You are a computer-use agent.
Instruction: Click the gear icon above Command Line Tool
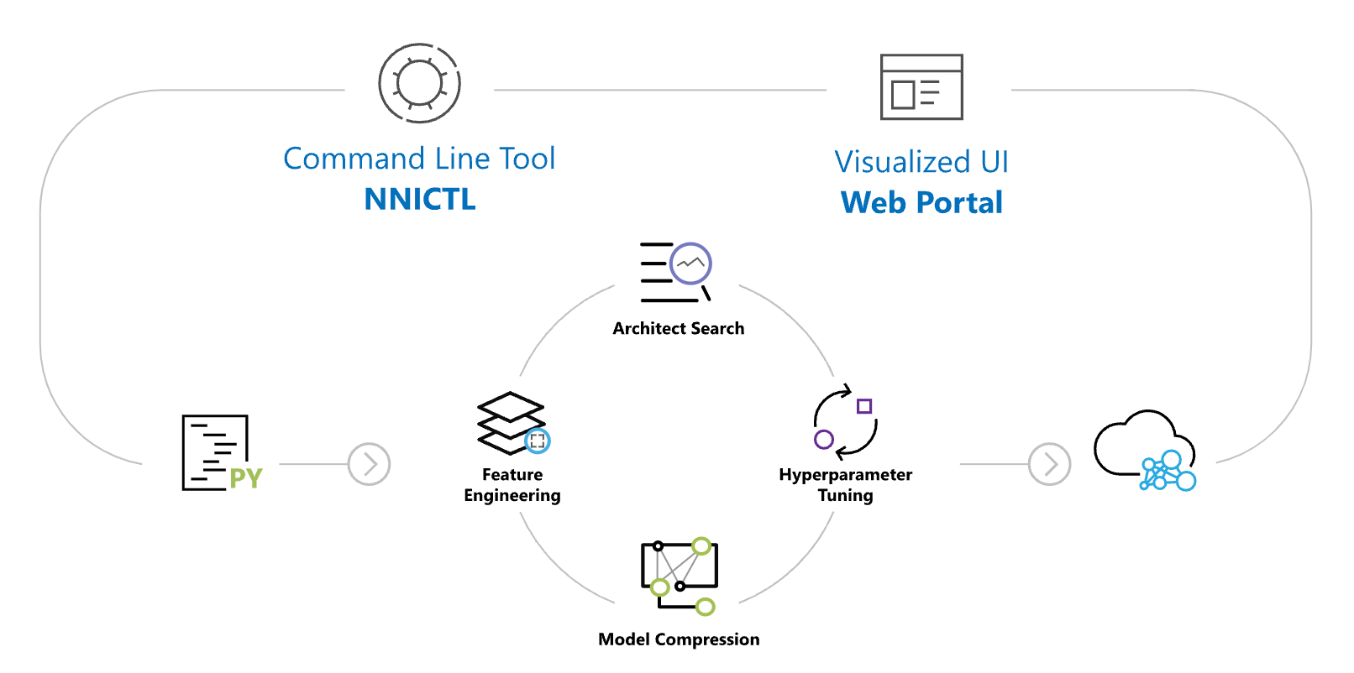pos(419,83)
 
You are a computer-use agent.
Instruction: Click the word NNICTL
pos(420,199)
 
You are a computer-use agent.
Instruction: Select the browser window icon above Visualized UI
pos(921,87)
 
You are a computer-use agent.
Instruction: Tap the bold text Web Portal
pos(921,202)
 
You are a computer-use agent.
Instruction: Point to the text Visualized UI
pos(921,162)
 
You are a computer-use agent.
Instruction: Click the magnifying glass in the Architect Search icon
pos(691,264)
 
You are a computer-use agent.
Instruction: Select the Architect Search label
pos(678,329)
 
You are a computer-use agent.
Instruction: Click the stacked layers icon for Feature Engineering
pos(510,421)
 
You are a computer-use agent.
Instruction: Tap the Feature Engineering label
pos(512,485)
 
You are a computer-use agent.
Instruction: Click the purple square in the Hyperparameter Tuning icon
pos(864,406)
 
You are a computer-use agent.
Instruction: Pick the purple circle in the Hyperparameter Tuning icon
pos(824,439)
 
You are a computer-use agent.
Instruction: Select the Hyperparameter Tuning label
pos(845,485)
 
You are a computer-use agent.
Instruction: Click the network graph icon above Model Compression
pos(679,575)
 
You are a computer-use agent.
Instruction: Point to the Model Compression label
pos(678,639)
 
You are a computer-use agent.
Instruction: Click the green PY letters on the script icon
pos(246,478)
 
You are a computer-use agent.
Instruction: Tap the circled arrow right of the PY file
pos(369,464)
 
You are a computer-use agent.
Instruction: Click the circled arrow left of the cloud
pos(1049,464)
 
